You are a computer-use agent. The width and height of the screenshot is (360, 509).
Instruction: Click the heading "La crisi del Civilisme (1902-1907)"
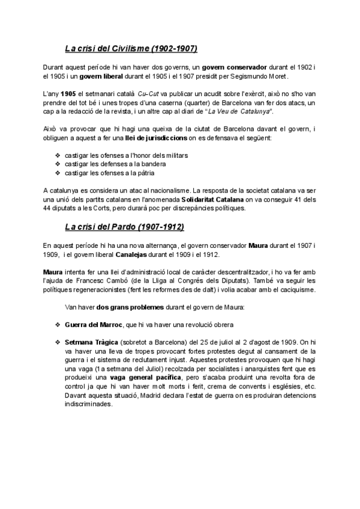click(131, 47)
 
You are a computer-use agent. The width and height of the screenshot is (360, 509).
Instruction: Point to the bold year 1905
click(68, 94)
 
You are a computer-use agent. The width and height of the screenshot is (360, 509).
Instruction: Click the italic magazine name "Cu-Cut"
click(148, 94)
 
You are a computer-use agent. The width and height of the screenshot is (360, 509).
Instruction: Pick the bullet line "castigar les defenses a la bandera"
click(115, 164)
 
